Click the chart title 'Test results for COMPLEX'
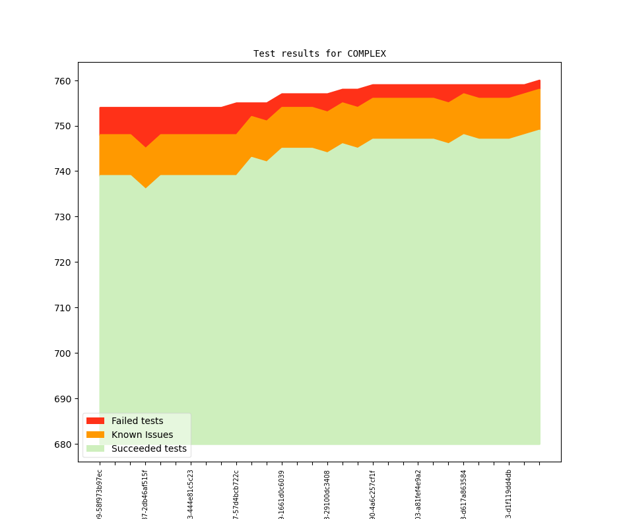[x=319, y=53]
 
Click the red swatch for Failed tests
[x=95, y=421]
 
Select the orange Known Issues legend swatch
[x=95, y=435]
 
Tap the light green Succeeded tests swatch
[x=95, y=448]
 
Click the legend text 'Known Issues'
[x=142, y=435]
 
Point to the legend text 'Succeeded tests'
[x=149, y=448]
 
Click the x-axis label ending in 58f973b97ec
[x=100, y=495]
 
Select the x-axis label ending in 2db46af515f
[x=145, y=495]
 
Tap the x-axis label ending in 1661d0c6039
[x=282, y=495]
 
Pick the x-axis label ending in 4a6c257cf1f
[x=373, y=495]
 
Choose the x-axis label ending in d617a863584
[x=463, y=495]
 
